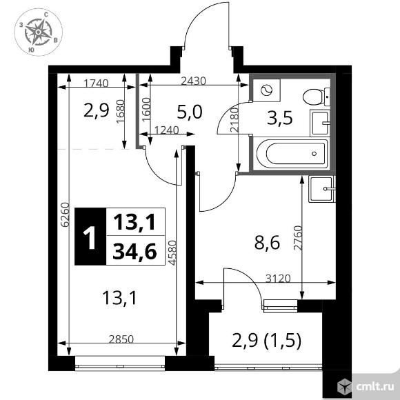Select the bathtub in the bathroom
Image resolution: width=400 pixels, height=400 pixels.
point(290,152)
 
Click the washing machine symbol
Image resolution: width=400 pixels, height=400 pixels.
point(266,90)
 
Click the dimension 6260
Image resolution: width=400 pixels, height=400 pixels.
point(65,214)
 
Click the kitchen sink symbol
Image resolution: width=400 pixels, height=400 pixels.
point(322,186)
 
